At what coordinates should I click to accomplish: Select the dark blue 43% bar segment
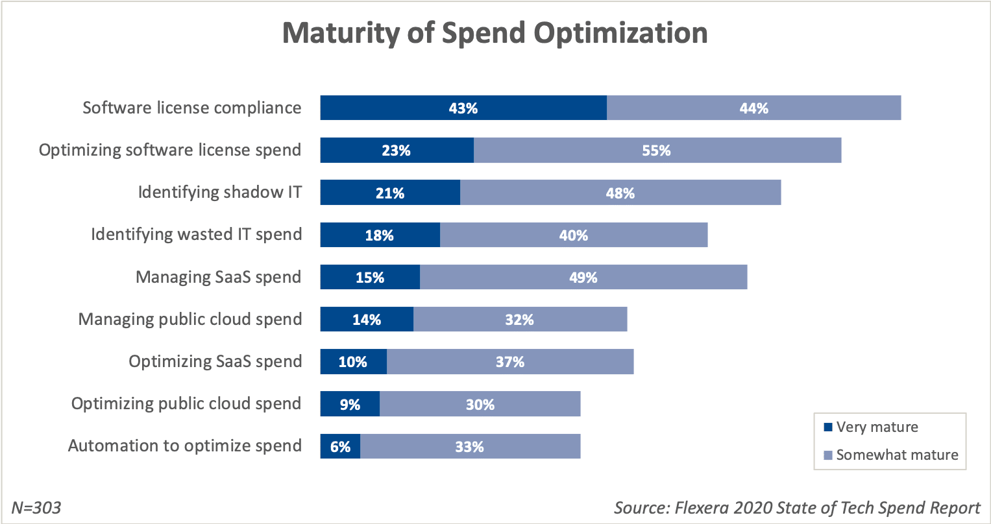[463, 108]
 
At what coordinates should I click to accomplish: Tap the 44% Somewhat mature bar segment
[753, 108]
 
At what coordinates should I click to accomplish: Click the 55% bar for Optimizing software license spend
[657, 150]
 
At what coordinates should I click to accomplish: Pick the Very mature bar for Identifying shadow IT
[390, 193]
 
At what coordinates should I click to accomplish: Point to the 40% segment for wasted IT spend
[574, 235]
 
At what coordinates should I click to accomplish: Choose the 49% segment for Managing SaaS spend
[583, 278]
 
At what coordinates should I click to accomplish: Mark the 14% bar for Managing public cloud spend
[367, 320]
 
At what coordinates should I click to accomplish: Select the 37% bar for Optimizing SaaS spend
[510, 362]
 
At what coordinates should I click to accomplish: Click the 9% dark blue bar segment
[350, 404]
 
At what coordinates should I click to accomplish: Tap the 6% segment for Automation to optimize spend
[340, 446]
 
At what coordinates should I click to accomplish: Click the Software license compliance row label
[192, 108]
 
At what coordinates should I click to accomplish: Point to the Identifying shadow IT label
[219, 193]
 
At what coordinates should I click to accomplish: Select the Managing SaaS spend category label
[218, 278]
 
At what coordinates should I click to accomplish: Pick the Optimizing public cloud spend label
[186, 404]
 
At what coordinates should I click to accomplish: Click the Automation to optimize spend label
[184, 446]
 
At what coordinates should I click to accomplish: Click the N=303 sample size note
[36, 507]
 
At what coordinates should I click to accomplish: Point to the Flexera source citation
[797, 507]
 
